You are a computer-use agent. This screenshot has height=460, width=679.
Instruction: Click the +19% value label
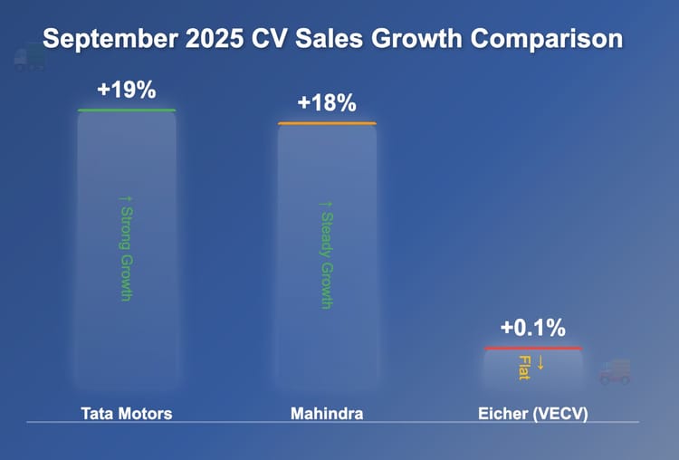pos(127,90)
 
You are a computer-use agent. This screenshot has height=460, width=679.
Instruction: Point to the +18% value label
pos(327,102)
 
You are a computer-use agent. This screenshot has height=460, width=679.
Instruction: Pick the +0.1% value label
pos(533,328)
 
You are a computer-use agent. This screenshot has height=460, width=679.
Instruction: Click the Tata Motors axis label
pos(127,414)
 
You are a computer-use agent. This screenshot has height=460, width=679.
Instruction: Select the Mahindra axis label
pos(327,414)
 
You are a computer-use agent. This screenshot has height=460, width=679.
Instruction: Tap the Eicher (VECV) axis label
pos(533,414)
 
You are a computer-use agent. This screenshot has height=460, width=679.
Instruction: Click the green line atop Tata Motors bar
pos(127,110)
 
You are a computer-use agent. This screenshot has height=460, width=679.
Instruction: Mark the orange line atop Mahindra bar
pos(327,123)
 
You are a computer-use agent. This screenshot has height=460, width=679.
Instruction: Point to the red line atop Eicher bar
pos(533,349)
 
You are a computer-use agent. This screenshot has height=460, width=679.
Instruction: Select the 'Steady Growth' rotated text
pos(327,254)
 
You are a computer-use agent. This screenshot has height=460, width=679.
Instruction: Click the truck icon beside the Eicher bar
pos(615,371)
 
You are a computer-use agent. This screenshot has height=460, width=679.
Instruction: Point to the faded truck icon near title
pos(29,57)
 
